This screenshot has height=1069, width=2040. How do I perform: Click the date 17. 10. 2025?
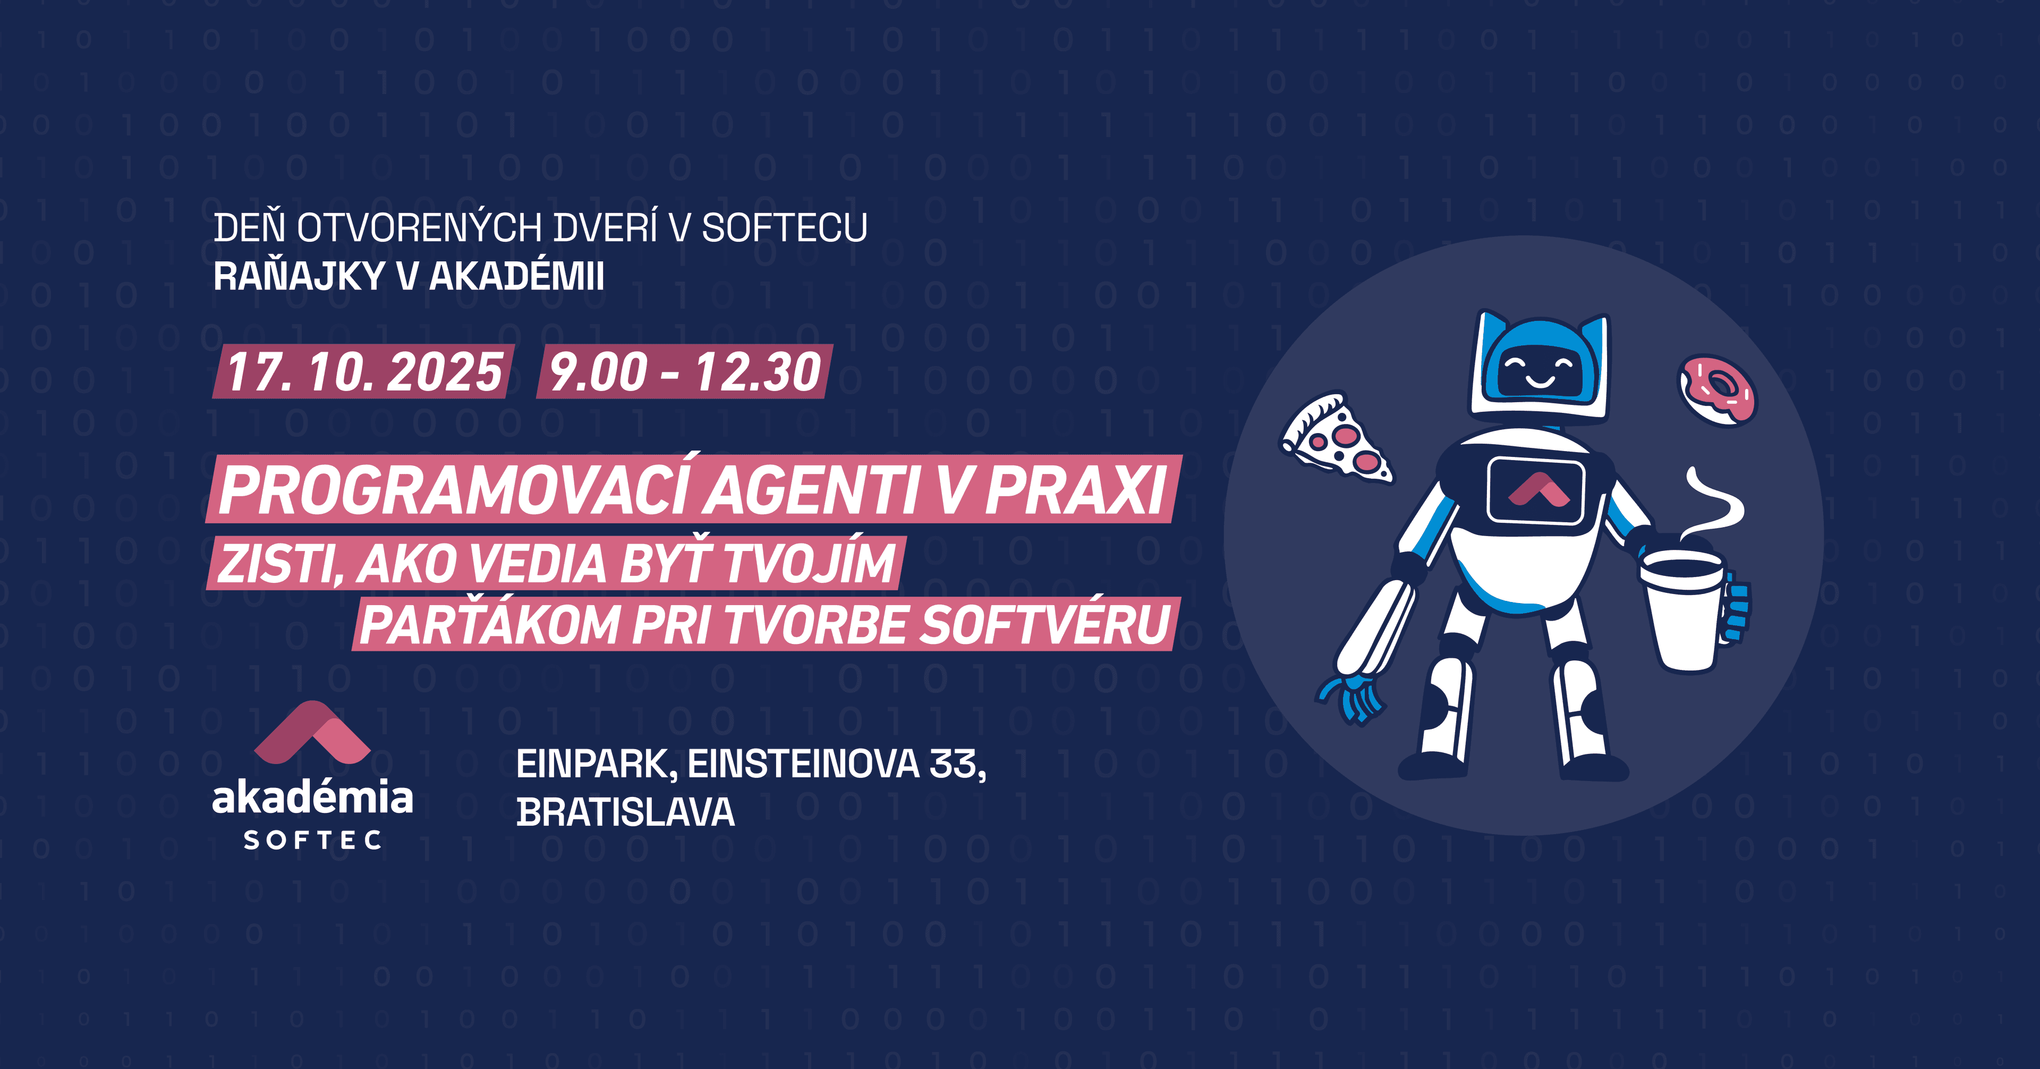coord(364,371)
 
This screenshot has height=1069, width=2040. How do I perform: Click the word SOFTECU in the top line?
coord(785,228)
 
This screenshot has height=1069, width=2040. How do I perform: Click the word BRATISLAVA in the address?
coord(626,812)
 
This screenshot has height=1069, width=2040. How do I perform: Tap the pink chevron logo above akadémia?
coord(312,733)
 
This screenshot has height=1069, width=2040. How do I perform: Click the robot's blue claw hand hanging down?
coord(1350,698)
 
